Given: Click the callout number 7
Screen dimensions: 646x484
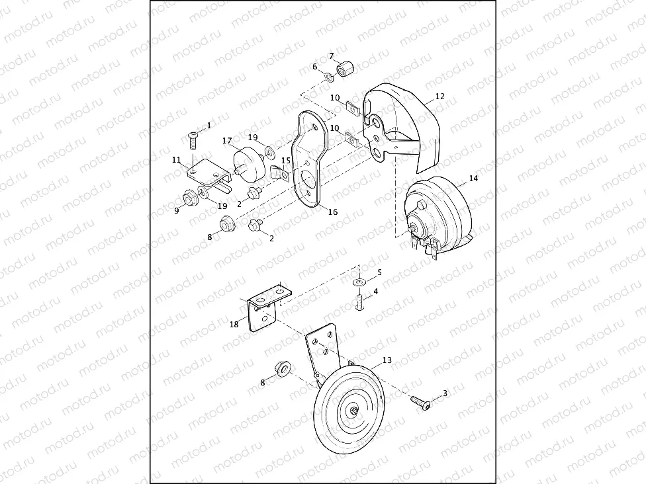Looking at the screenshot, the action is [331, 56].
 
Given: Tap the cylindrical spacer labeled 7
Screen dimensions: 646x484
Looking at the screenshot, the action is [346, 69].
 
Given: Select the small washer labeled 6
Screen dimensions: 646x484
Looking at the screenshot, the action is [329, 77].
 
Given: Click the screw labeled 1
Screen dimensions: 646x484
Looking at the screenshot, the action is [193, 141].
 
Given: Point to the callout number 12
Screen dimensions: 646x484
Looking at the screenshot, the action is [440, 97].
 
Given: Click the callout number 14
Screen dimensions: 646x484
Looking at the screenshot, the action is [473, 179].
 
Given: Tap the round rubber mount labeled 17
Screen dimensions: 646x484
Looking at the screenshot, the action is [250, 165].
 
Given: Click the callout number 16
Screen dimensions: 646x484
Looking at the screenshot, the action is [333, 212].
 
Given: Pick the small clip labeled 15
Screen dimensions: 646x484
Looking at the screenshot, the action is [280, 173].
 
